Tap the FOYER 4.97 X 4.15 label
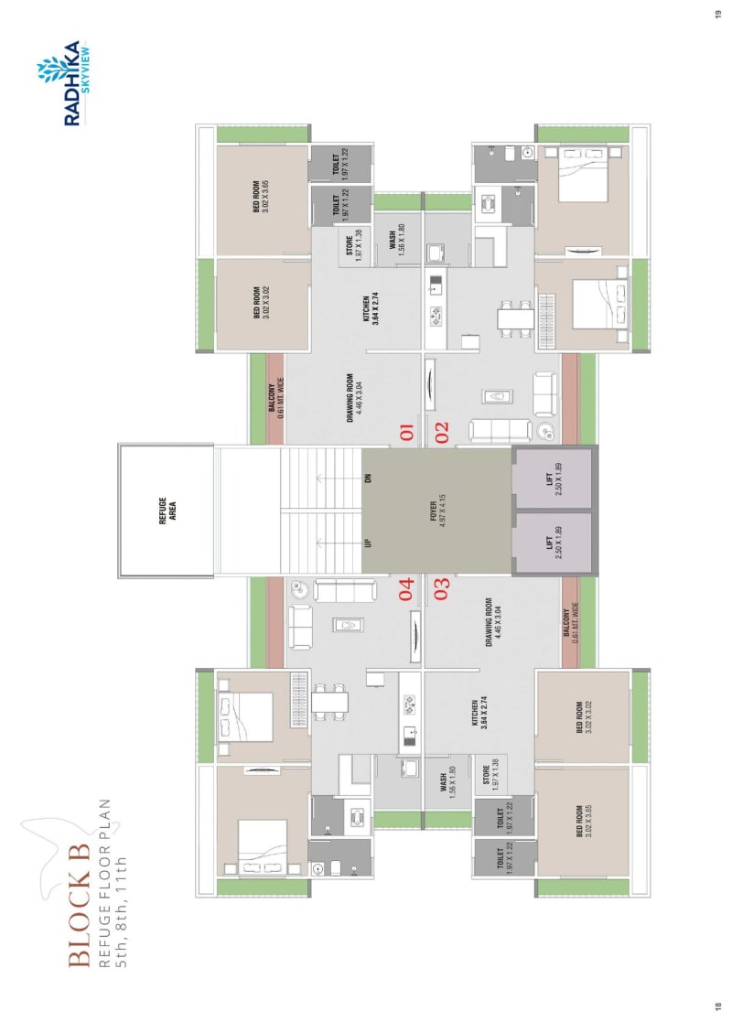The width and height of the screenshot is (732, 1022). [x=437, y=511]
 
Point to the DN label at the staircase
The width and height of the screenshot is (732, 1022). [x=368, y=478]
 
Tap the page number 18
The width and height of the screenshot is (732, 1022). [x=718, y=1008]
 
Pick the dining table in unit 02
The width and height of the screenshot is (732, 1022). [x=515, y=317]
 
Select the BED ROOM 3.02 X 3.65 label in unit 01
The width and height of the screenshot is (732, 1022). [x=262, y=196]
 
